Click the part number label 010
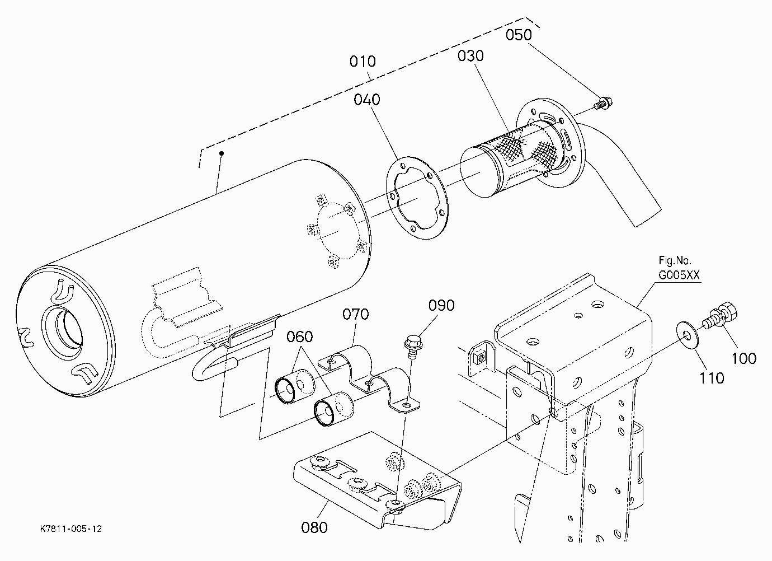coord(362,62)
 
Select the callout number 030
coord(470,55)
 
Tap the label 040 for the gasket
coord(367,100)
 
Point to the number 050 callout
coord(519,35)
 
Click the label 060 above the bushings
coord(299,336)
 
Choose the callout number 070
coord(355,314)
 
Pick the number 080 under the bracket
coord(314,527)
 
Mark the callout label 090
coord(441,305)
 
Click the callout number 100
coord(743,359)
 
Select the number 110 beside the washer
coord(712,378)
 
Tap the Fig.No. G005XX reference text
coord(679,268)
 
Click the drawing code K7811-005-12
coord(71,529)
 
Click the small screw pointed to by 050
coord(603,103)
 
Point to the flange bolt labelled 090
coord(413,347)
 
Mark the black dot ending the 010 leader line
coord(222,153)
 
